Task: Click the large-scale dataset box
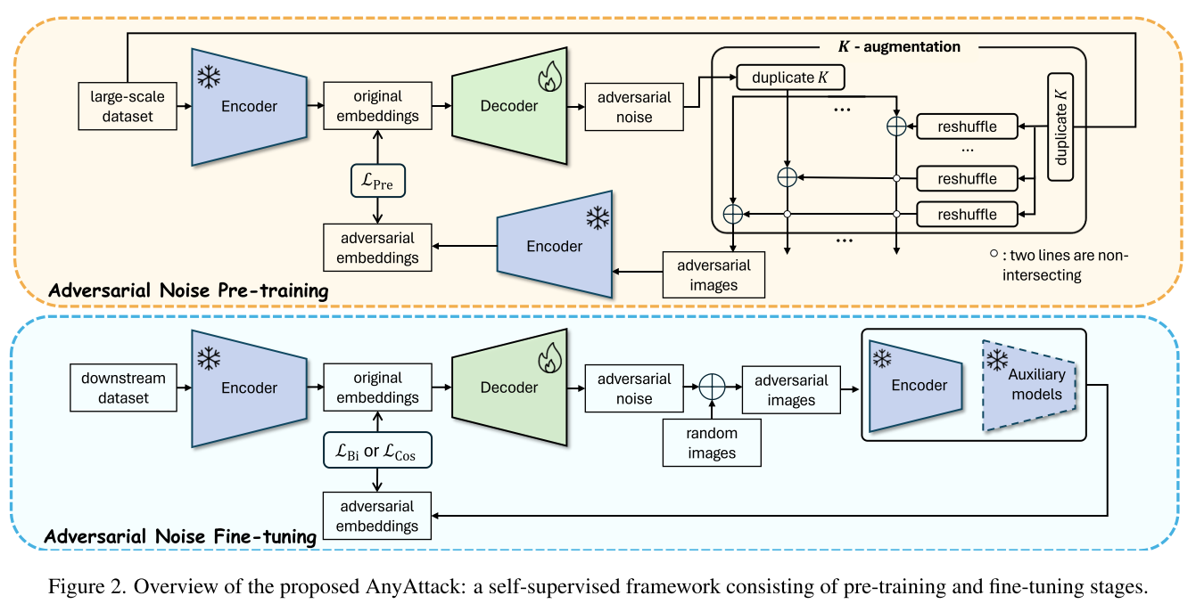pyautogui.click(x=128, y=106)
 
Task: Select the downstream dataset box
pyautogui.click(x=123, y=388)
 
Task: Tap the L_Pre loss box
pyautogui.click(x=378, y=181)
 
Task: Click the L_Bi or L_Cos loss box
pyautogui.click(x=377, y=451)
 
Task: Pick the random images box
pyautogui.click(x=712, y=443)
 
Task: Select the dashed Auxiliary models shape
pyautogui.click(x=1029, y=385)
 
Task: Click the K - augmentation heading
pyautogui.click(x=899, y=47)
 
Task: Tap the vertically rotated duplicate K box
pyautogui.click(x=1060, y=126)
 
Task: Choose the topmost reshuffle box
pyautogui.click(x=967, y=126)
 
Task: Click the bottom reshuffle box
pyautogui.click(x=967, y=215)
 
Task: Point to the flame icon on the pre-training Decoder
pyautogui.click(x=550, y=77)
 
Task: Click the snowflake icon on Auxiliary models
pyautogui.click(x=997, y=360)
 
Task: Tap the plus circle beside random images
pyautogui.click(x=712, y=387)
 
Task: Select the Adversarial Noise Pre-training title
pyautogui.click(x=188, y=290)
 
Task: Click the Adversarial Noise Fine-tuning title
pyautogui.click(x=180, y=536)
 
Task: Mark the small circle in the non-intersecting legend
pyautogui.click(x=994, y=253)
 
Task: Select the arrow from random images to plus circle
pyautogui.click(x=712, y=410)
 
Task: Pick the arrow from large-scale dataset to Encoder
pyautogui.click(x=185, y=106)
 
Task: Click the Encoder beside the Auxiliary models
pyautogui.click(x=916, y=386)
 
